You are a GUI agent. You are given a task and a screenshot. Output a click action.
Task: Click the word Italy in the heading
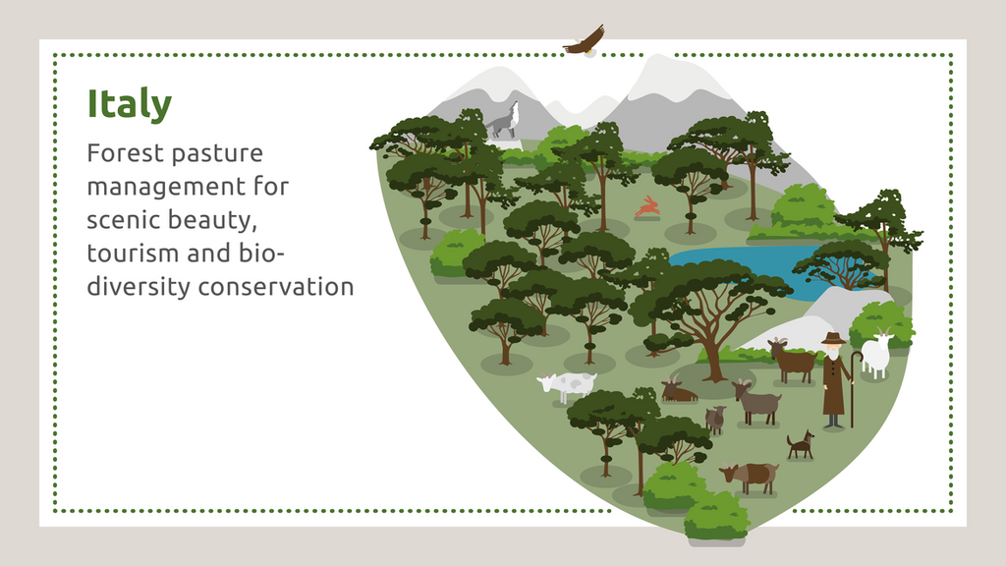coord(130,104)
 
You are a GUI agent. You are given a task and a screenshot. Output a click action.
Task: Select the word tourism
coord(133,253)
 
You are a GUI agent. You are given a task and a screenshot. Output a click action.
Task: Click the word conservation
coord(276,287)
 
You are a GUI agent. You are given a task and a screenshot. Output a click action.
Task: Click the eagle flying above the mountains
coord(585,41)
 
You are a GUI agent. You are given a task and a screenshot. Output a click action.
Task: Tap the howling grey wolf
coord(504,121)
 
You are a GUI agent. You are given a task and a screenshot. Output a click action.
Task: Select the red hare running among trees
coord(648,206)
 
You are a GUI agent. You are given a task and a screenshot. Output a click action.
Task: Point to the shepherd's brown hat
coord(833,338)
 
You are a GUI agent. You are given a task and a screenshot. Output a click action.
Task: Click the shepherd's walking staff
coord(854,388)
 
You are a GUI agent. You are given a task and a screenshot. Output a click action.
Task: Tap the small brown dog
coord(801,445)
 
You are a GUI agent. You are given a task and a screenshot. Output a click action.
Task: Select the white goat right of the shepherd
coord(876,353)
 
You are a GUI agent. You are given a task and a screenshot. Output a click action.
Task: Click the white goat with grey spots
coord(568,386)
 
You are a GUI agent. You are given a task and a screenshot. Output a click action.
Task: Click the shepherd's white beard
coord(832,353)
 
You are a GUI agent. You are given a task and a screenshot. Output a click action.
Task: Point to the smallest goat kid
coord(715,420)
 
